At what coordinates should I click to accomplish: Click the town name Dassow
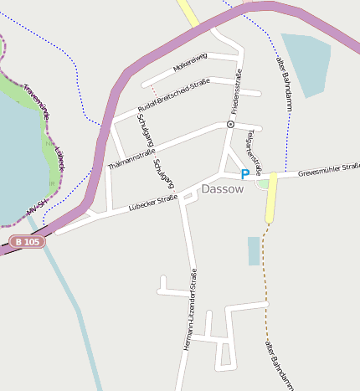(223, 189)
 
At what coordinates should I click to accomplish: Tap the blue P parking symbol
(245, 174)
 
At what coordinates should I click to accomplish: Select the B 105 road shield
(28, 242)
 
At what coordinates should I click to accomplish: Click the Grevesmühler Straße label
(328, 170)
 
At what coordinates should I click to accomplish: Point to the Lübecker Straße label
(153, 203)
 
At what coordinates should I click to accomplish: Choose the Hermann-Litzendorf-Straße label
(190, 309)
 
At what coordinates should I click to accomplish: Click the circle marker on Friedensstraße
(230, 124)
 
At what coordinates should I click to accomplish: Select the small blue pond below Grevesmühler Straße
(254, 250)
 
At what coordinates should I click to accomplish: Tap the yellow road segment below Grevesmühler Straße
(271, 198)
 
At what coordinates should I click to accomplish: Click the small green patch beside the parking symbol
(263, 183)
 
